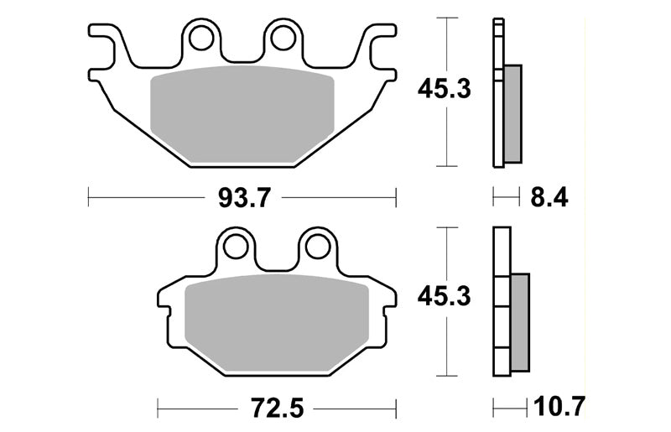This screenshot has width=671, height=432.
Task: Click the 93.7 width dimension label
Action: pos(244,198)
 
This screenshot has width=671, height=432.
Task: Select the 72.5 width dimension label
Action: pos(278,408)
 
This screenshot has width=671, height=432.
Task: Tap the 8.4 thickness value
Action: pos(549,198)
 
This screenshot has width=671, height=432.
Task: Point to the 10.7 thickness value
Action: pos(559,406)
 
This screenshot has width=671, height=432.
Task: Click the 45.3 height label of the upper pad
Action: pos(445,89)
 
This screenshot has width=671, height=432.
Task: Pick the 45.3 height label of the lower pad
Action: pos(445,296)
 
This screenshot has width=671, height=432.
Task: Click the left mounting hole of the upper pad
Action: pos(201,38)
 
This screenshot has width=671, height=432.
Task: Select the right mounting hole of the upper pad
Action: pos(283,38)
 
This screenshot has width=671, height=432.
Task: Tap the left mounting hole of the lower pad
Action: pos(236,247)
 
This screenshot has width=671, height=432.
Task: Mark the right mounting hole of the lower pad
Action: pos(318,247)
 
